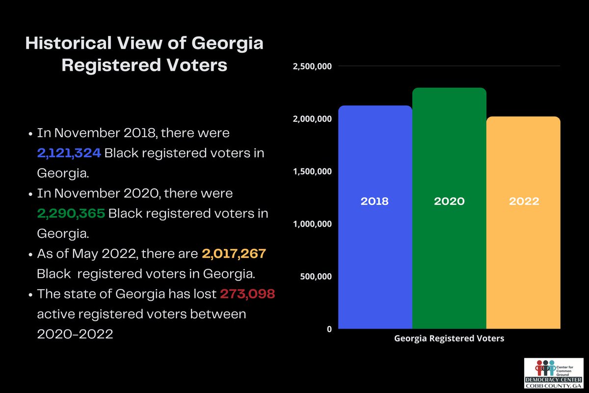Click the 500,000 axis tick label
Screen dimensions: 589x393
coord(317,277)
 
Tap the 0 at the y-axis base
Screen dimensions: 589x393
coord(329,329)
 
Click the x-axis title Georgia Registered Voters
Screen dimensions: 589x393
coord(449,338)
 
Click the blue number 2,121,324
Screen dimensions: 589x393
coord(69,153)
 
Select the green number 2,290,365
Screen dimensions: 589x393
coord(71,214)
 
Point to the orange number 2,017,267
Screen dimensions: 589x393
coord(234,254)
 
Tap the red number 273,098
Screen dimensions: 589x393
coord(247,294)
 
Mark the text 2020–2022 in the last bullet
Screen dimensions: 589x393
coord(75,334)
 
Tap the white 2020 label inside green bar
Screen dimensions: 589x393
coord(449,201)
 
